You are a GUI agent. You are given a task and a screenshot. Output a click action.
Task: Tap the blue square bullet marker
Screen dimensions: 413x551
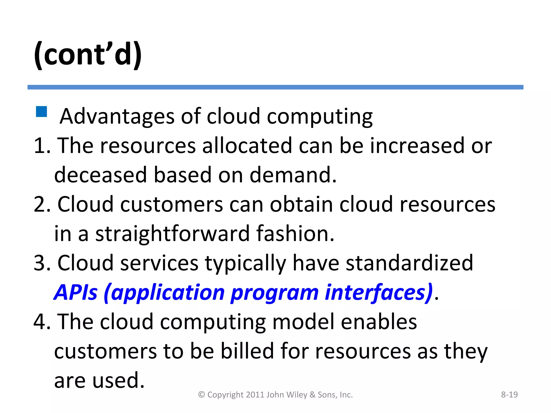click(41, 112)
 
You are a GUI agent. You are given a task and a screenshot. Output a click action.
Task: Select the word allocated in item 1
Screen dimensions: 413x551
click(247, 146)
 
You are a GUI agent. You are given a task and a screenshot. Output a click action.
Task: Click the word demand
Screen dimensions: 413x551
click(293, 175)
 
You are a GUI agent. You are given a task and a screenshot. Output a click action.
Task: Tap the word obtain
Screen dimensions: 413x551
click(301, 205)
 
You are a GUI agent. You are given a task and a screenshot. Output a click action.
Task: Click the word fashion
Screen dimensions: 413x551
click(295, 234)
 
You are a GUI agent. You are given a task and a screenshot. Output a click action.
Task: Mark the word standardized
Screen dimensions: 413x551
click(409, 263)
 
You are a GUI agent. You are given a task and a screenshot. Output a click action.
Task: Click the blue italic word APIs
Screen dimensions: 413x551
click(76, 292)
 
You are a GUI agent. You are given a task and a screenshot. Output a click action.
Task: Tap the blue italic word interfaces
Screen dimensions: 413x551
click(379, 292)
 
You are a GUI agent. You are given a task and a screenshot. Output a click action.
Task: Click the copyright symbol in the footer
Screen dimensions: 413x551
click(202, 395)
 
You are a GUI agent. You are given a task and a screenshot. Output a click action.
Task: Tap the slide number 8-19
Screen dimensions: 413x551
click(509, 395)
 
